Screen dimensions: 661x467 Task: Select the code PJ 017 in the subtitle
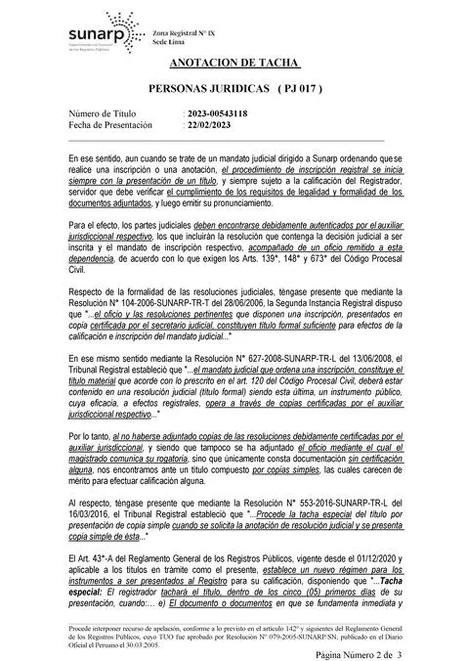294,88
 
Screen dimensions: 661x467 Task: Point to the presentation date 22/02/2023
209,126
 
